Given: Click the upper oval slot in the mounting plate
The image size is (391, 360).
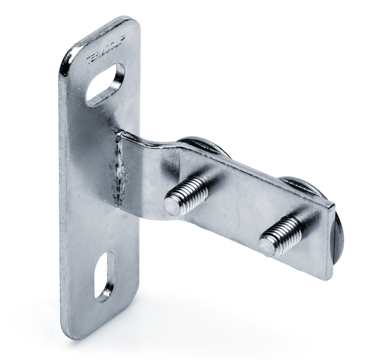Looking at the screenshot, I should point(106,84).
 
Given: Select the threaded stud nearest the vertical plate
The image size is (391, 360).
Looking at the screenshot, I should point(186,195).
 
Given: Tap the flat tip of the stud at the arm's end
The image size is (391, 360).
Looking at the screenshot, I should point(268,245).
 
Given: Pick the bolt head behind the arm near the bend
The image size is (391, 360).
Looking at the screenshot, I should point(203,147).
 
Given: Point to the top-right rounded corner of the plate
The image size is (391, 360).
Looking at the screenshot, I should point(133,24).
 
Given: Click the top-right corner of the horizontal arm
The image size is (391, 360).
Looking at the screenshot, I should point(334,207).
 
